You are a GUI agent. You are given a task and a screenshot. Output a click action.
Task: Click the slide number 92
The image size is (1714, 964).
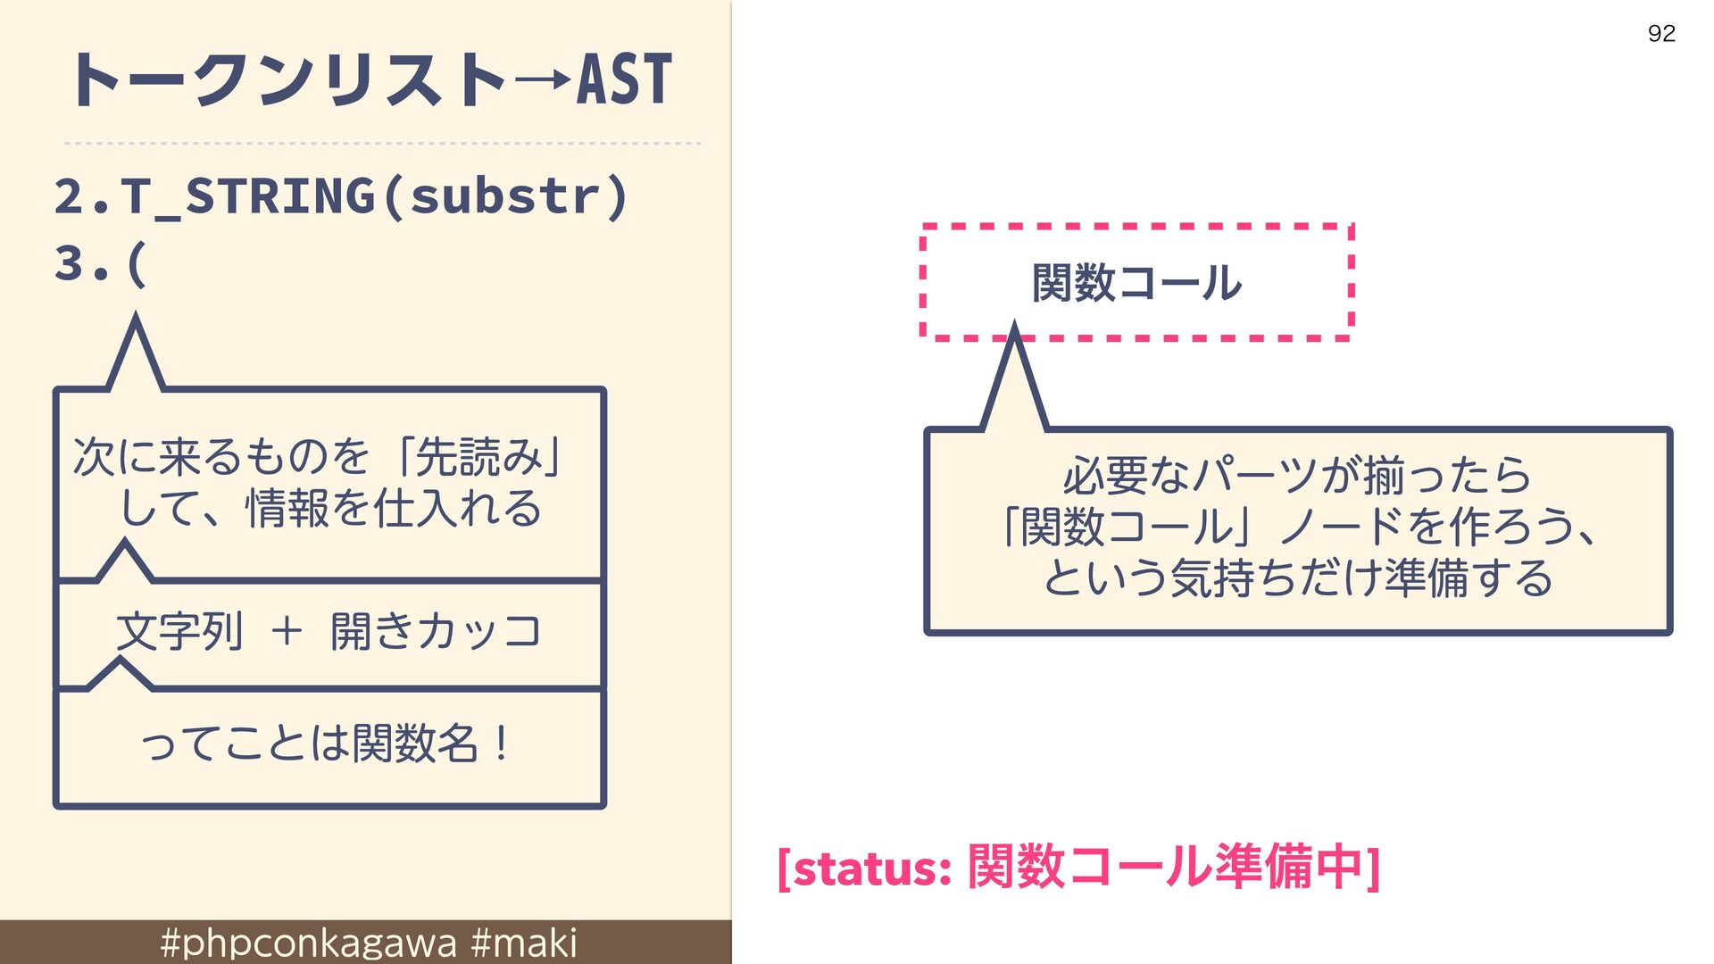pos(1661,34)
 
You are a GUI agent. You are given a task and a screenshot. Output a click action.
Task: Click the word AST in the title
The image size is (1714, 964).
pos(624,79)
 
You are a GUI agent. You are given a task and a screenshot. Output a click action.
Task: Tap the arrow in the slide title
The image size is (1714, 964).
pos(543,80)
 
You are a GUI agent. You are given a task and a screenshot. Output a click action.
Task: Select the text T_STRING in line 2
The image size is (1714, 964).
pos(248,197)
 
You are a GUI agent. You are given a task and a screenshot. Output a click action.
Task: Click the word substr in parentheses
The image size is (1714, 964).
pos(504,195)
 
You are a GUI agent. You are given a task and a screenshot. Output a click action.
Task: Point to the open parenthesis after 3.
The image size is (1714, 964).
pos(137,264)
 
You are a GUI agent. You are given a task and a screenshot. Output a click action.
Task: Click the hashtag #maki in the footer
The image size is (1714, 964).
pos(523,943)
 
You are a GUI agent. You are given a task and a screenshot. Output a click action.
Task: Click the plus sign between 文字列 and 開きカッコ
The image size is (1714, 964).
pos(287,631)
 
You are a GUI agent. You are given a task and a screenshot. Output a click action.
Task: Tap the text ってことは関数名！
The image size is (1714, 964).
pos(325,743)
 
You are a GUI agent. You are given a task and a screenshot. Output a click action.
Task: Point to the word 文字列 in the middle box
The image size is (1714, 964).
pos(179,632)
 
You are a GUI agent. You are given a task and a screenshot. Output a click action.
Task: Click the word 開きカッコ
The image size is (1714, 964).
pos(436,631)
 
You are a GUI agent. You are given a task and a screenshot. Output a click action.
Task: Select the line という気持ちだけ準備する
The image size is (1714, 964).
pos(1298,578)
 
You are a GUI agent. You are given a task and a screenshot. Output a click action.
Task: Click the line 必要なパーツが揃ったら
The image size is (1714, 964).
pos(1297,475)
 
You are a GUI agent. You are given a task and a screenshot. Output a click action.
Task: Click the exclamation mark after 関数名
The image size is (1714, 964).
pos(502,743)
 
